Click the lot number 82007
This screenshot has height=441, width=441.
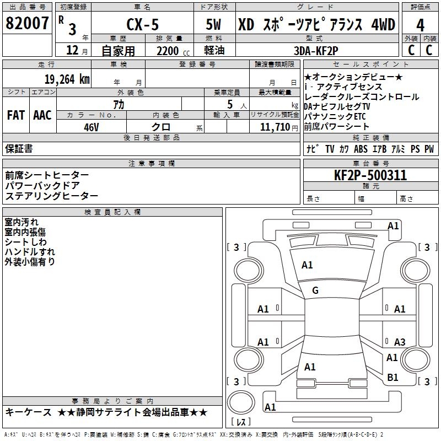(27, 23)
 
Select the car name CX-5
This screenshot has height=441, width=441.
(143, 24)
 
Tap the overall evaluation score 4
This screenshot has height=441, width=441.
(420, 25)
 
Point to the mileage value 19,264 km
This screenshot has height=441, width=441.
(67, 79)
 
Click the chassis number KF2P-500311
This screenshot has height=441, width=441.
(370, 175)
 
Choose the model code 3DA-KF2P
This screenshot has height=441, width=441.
(316, 51)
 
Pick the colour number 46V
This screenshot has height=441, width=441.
(92, 127)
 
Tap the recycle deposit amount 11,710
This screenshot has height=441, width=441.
(275, 127)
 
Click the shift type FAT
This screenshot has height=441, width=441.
(16, 115)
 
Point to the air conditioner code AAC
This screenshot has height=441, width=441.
(42, 115)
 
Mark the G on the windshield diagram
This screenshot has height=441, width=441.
(315, 291)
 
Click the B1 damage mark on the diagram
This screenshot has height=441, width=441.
(392, 378)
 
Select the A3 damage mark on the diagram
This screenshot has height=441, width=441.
(400, 342)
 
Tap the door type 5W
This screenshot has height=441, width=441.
(213, 24)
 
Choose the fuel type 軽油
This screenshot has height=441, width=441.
(214, 51)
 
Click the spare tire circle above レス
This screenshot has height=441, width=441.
(241, 402)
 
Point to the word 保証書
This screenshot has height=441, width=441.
(19, 149)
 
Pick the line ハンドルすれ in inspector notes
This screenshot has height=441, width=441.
(30, 252)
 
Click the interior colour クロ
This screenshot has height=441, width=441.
(161, 127)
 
